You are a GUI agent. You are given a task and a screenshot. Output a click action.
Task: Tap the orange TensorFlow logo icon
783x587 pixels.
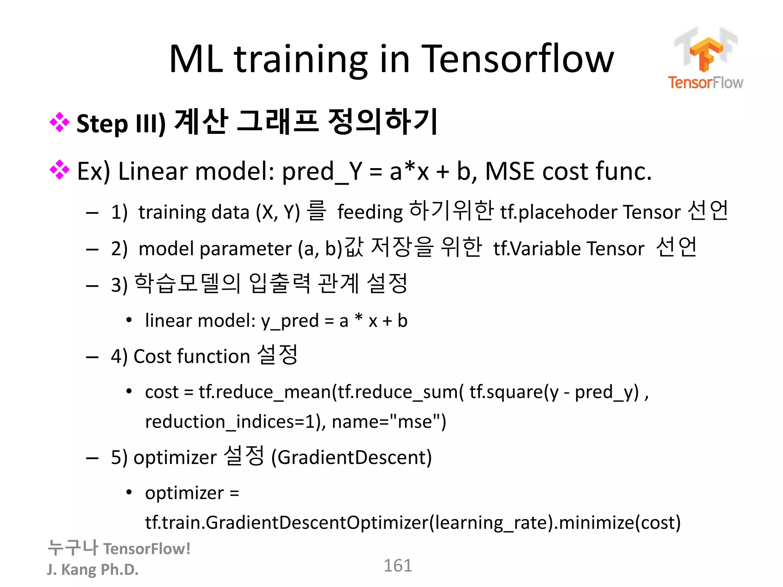point(706,54)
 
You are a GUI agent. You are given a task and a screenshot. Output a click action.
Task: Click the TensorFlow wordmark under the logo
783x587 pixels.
point(705,83)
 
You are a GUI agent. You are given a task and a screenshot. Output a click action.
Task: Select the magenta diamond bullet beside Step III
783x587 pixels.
point(60,122)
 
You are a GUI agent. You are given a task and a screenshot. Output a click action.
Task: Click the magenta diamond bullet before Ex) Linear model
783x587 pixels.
point(60,170)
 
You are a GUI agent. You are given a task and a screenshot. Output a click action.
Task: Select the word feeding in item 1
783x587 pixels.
point(370,212)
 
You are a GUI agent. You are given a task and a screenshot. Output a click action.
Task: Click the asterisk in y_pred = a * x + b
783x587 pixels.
point(358,318)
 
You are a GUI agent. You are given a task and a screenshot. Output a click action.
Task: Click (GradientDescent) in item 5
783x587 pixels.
point(351,457)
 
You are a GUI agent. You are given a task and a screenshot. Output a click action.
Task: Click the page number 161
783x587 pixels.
point(398,566)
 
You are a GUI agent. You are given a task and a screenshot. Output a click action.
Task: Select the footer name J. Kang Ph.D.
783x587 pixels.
point(93,569)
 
